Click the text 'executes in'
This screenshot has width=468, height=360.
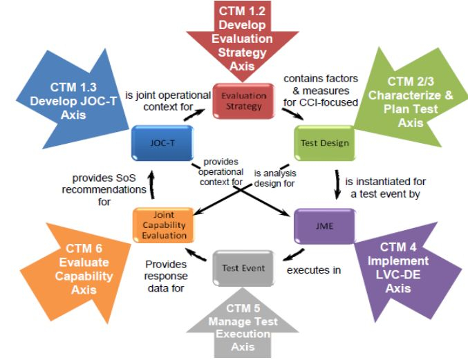pos(315,270)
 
